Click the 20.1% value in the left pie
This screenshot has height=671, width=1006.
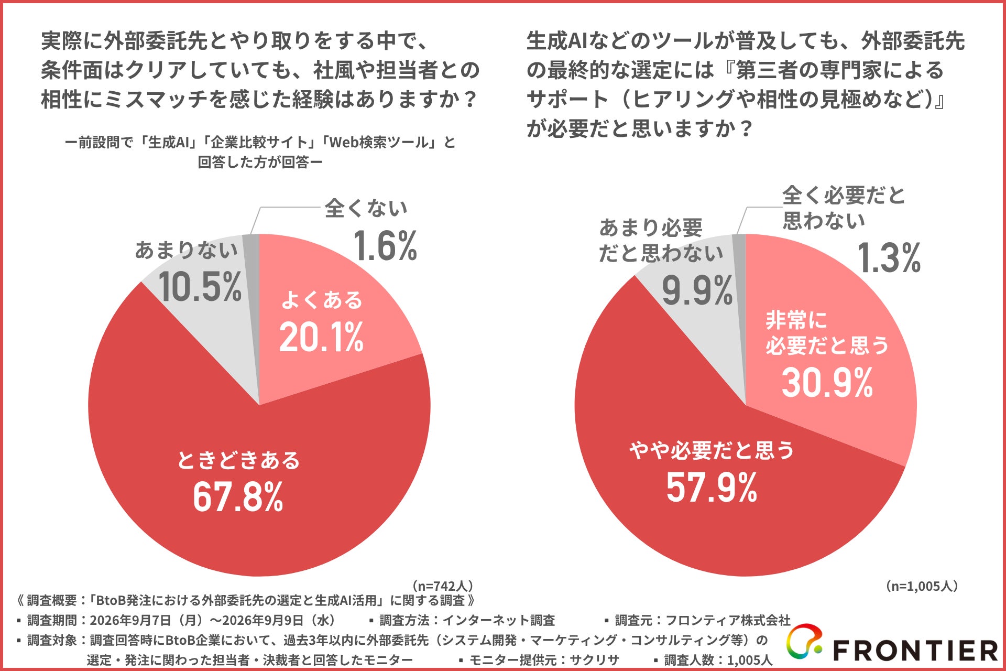click(x=321, y=337)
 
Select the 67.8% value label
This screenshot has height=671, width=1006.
click(x=238, y=496)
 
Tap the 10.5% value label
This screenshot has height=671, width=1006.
click(x=200, y=287)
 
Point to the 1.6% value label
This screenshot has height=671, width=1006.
click(x=385, y=245)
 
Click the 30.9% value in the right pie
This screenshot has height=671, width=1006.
click(x=827, y=382)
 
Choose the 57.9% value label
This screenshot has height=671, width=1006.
click(x=712, y=487)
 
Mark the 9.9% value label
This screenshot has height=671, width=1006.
click(x=697, y=290)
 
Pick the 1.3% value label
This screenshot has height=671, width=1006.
click(x=889, y=258)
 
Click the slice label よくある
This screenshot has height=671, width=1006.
click(x=322, y=300)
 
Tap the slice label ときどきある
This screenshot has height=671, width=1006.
click(x=238, y=460)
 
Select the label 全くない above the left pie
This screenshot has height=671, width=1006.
click(x=366, y=209)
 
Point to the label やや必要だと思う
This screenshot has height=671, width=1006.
click(x=712, y=450)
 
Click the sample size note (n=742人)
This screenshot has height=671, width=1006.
click(x=443, y=586)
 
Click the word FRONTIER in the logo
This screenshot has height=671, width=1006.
click(x=915, y=651)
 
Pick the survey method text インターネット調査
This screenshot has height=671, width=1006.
click(x=498, y=621)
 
